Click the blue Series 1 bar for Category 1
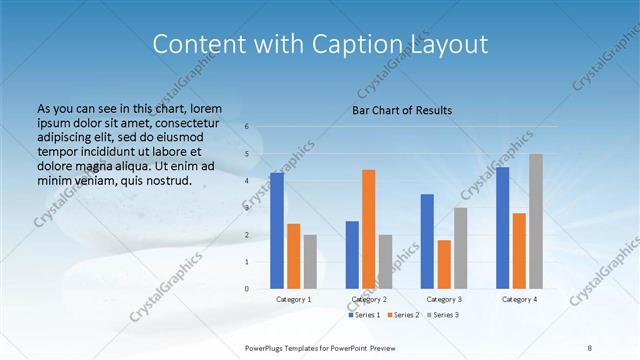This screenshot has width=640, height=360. point(277,231)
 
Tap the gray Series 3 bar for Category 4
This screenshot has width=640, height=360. point(536,221)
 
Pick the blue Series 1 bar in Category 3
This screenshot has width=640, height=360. point(427,241)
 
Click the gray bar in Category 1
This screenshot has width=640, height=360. point(310,262)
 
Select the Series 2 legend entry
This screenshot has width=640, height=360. point(404,315)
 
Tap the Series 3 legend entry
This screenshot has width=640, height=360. point(443,315)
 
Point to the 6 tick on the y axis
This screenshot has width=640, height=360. point(247,127)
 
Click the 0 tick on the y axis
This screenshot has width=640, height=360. point(247,289)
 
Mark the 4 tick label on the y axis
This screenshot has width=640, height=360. point(247,181)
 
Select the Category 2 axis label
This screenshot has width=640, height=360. point(368,299)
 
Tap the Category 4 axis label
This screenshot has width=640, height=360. point(519,299)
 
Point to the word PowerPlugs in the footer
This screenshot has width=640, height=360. point(267,347)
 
